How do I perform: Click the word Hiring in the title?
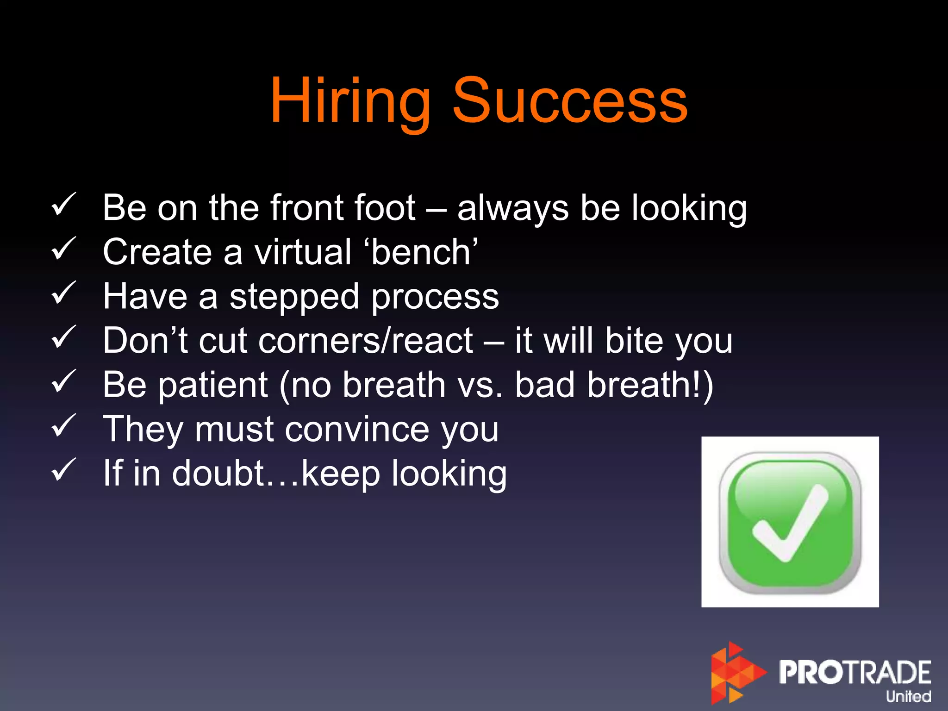click(x=350, y=101)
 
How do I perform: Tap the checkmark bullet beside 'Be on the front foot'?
click(x=63, y=205)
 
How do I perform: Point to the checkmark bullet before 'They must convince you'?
click(x=63, y=426)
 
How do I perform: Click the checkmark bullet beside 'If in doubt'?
click(x=63, y=470)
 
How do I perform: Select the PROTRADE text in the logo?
click(x=854, y=672)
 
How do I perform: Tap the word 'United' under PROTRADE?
click(x=908, y=696)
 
